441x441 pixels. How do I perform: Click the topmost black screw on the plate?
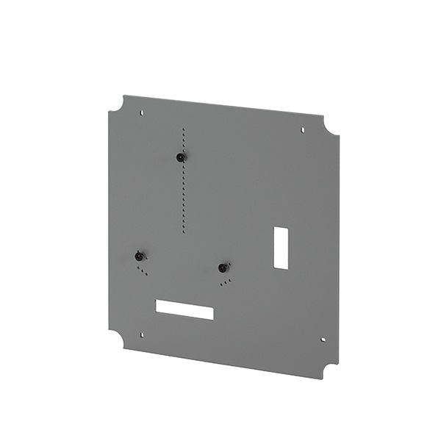coord(180,157)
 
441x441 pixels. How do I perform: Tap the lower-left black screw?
coord(139,256)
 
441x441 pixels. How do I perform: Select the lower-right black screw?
coord(223,268)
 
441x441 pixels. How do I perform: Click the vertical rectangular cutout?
coord(281,247)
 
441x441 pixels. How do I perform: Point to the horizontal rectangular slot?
coord(184,309)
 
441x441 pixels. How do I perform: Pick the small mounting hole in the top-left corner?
coord(142,112)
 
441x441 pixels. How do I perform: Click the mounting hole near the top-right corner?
coord(303,130)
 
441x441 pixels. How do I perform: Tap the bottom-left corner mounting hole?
coord(142,334)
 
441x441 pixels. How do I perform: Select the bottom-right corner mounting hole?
coord(323,340)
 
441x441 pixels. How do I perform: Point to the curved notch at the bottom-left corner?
coord(116,339)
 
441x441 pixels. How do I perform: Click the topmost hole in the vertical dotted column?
coord(184,128)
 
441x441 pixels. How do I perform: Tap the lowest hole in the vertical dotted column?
coord(184,232)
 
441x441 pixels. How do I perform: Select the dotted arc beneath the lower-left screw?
coord(141,270)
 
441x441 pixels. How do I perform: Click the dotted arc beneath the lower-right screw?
coord(226,282)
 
